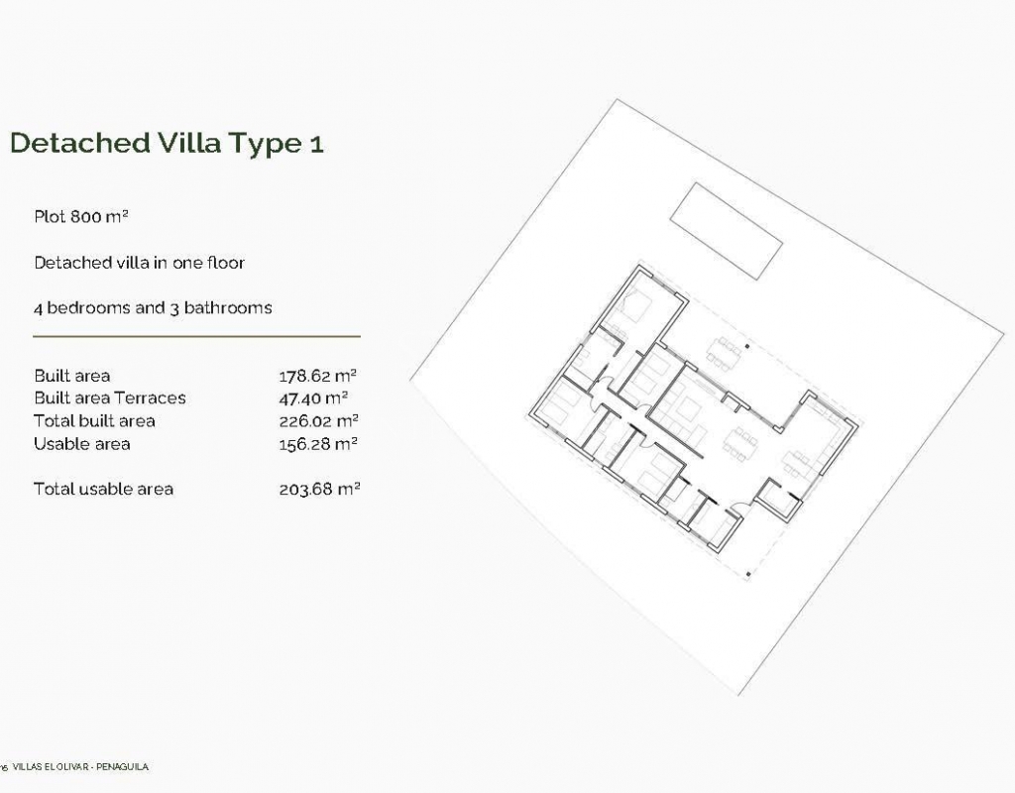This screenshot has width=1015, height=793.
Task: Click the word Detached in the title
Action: [x=80, y=143]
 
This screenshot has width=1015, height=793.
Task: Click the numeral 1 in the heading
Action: [x=316, y=144]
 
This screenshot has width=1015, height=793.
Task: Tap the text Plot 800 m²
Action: [x=81, y=216]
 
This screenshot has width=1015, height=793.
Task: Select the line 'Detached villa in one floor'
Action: [x=139, y=263]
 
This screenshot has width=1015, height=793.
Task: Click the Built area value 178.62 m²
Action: [x=318, y=376]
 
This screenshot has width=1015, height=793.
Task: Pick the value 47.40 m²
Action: [x=313, y=398]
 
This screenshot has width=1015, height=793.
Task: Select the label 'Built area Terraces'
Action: [x=109, y=397]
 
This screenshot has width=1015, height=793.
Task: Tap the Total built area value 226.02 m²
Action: [x=318, y=421]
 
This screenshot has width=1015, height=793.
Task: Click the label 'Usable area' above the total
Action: [x=81, y=444]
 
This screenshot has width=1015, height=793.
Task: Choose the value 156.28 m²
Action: [x=318, y=444]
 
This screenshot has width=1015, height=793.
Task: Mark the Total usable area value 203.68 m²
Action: [x=319, y=490]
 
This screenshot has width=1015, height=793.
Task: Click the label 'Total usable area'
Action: [x=103, y=489]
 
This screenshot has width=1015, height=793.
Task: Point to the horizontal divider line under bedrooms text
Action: [x=197, y=337]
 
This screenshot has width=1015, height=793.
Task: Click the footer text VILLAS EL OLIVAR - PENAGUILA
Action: [x=80, y=767]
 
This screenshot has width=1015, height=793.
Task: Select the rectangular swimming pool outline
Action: [x=727, y=231]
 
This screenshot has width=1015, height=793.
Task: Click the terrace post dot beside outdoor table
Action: [x=747, y=347]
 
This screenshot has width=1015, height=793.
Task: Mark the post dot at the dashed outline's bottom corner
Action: [x=748, y=574]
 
